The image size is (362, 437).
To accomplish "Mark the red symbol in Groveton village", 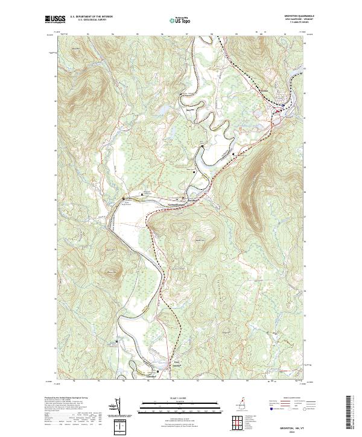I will [x=277, y=112].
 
